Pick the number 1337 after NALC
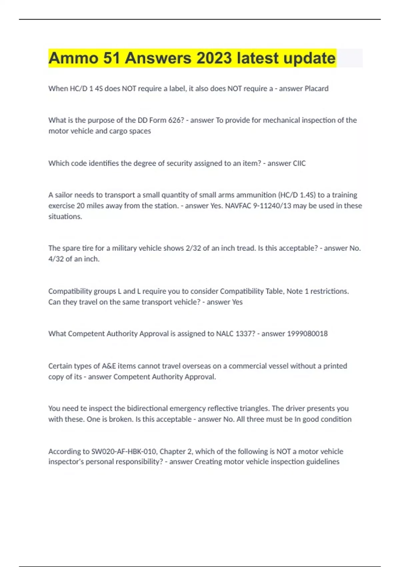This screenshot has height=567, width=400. (x=245, y=334)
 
